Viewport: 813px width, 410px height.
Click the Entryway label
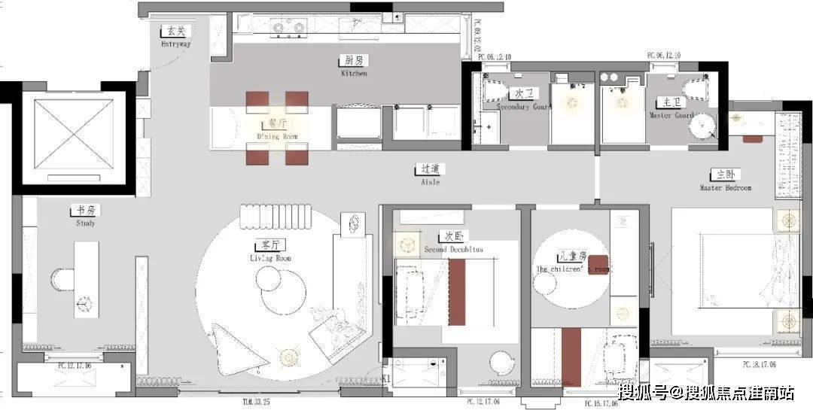coord(175,37)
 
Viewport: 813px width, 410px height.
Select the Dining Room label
coord(278,129)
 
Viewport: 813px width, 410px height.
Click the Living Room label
coord(270,251)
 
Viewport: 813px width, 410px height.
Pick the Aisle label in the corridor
coord(430,175)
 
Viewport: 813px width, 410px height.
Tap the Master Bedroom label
coord(725,181)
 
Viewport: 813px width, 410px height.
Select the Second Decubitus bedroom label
coord(453,242)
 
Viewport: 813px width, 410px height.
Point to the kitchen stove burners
coord(288,29)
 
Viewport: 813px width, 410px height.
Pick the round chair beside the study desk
coord(61,280)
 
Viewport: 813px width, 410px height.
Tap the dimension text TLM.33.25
coord(251,401)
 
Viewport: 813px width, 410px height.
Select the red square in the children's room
coord(598,265)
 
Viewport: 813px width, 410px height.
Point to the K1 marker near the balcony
coord(386,378)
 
